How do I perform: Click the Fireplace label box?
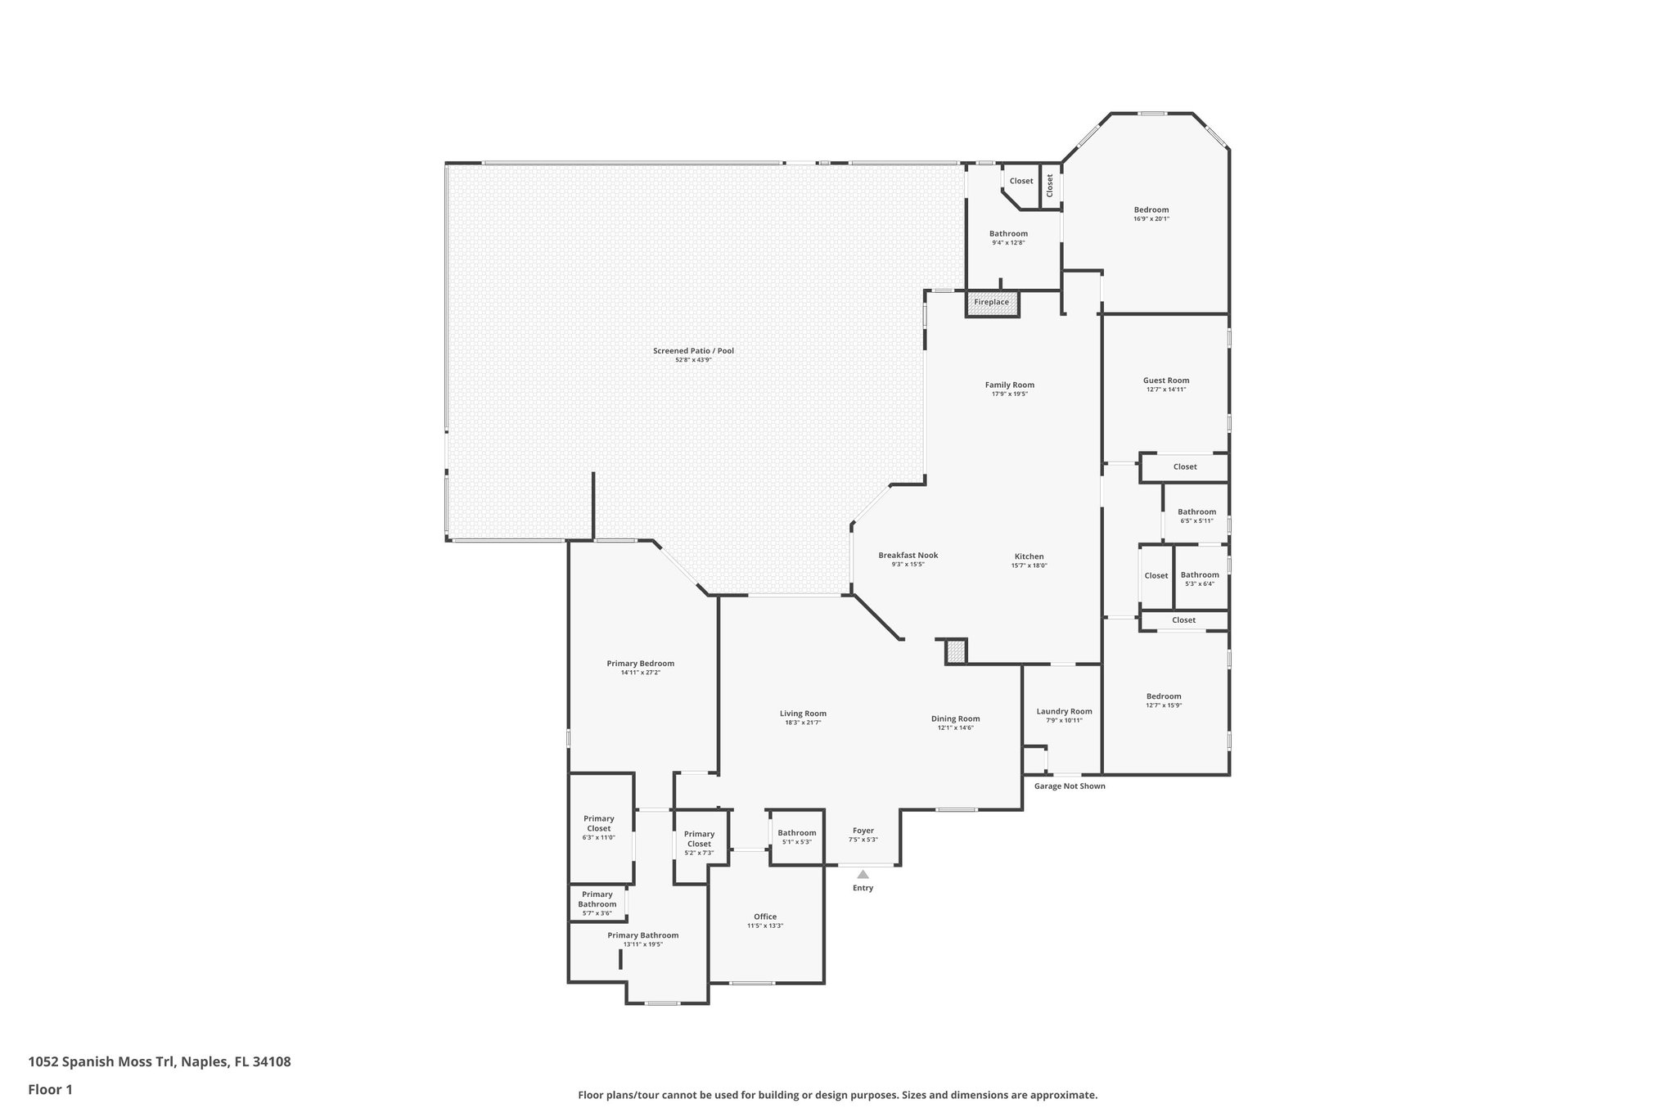(x=992, y=303)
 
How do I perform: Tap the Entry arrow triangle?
(x=863, y=875)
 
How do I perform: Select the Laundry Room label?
(x=1064, y=712)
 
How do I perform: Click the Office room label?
(x=765, y=917)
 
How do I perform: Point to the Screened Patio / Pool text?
(x=693, y=351)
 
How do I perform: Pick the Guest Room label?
(x=1166, y=381)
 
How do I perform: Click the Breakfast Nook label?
(x=908, y=556)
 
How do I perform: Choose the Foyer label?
(x=863, y=831)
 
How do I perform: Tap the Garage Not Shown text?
(x=1070, y=786)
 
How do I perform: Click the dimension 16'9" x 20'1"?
(x=1151, y=219)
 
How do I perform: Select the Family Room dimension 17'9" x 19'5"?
(x=1010, y=394)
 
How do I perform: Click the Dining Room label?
(x=955, y=719)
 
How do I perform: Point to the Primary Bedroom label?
(x=641, y=664)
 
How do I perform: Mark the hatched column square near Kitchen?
(x=956, y=652)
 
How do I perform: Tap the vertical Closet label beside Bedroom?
(x=1050, y=185)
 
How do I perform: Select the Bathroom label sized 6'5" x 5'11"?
(x=1196, y=512)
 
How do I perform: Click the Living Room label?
(x=803, y=714)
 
